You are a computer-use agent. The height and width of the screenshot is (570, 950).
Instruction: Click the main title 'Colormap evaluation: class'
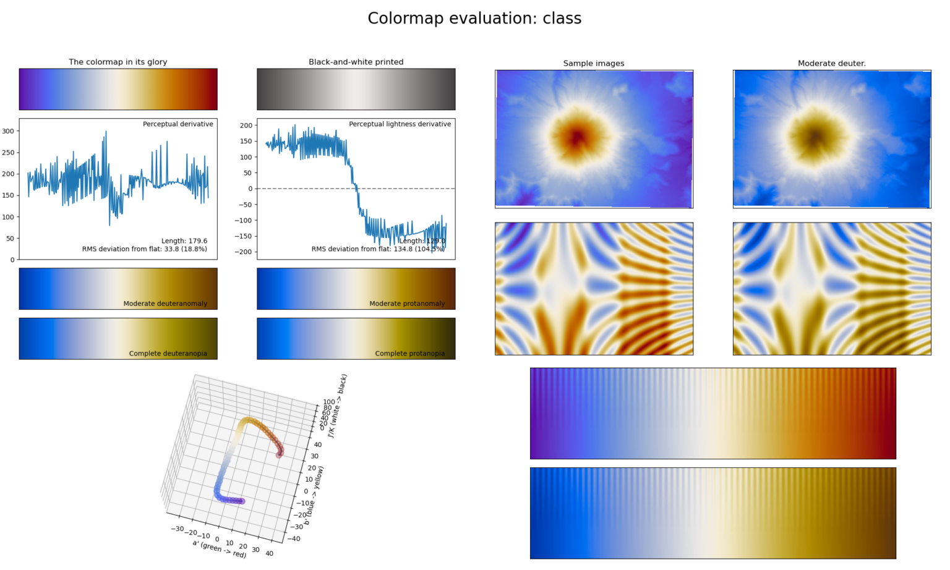[474, 19]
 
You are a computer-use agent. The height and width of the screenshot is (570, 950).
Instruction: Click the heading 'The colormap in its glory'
[118, 62]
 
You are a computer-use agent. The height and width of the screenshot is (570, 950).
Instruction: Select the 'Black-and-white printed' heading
[356, 62]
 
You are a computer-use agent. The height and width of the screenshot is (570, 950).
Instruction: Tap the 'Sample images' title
[594, 63]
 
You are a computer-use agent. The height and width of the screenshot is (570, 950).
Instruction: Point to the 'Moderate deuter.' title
[831, 63]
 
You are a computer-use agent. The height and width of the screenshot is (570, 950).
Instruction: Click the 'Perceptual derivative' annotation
[178, 124]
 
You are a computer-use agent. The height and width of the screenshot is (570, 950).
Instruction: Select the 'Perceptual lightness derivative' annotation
[400, 124]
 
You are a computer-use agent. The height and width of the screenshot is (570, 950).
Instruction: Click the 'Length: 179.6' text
[184, 241]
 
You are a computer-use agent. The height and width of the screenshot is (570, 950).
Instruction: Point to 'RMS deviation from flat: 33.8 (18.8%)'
[145, 249]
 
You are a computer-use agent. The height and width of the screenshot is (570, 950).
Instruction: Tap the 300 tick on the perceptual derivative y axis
[8, 131]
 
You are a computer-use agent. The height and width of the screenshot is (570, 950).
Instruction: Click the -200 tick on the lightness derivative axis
[246, 252]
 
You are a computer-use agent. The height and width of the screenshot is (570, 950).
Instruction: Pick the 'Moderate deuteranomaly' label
[165, 304]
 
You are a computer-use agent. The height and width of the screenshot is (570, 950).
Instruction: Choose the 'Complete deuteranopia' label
[168, 354]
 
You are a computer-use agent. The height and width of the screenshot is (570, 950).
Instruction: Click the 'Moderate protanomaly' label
[407, 304]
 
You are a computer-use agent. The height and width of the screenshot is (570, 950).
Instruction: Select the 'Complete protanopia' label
[409, 354]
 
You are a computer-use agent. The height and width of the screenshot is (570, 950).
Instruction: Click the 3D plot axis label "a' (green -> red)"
[219, 548]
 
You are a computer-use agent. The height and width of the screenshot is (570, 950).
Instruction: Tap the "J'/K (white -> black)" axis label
[337, 406]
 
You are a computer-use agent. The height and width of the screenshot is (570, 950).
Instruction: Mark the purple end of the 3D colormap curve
[242, 501]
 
